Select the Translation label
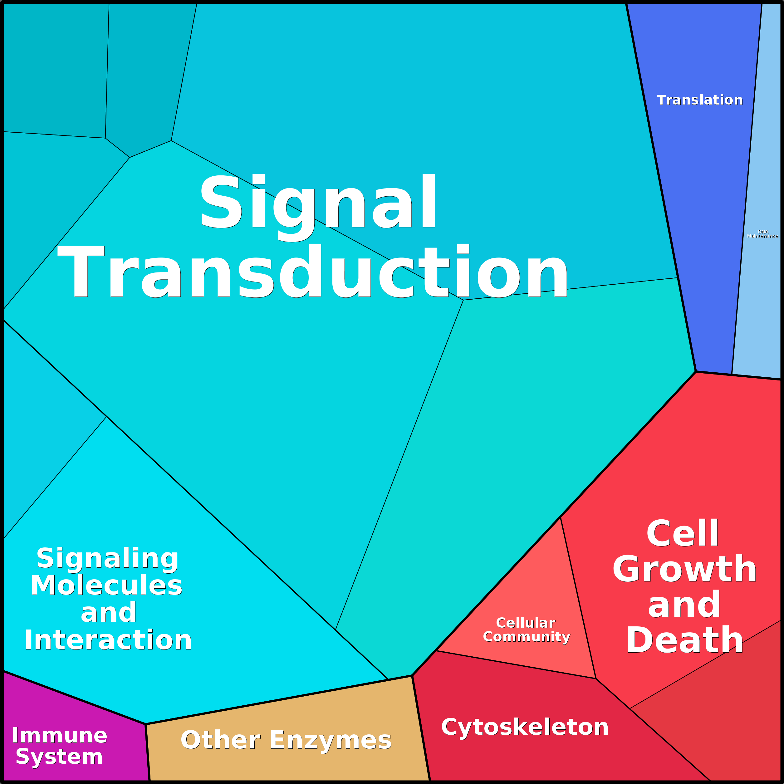point(700,100)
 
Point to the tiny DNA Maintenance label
point(762,234)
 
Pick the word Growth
point(684,569)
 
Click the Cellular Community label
point(526,630)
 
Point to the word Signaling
point(108,558)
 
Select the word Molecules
point(107,585)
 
